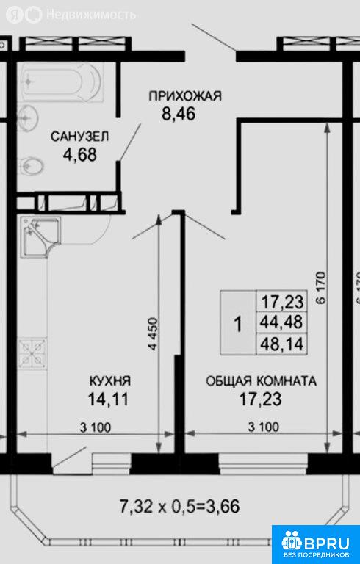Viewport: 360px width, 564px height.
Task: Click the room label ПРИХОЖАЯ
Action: [185, 96]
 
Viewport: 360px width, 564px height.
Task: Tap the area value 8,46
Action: [179, 114]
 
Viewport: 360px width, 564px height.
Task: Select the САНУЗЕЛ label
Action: [79, 137]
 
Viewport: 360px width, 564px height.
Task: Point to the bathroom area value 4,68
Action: [80, 155]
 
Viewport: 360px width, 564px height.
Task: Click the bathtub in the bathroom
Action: [61, 82]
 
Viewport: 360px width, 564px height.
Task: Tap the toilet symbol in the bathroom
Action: [31, 166]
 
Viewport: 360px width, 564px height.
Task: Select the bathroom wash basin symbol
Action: [28, 117]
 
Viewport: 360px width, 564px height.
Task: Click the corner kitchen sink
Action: [40, 236]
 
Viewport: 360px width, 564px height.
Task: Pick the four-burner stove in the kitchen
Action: [32, 352]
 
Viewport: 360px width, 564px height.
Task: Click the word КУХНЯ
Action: [109, 381]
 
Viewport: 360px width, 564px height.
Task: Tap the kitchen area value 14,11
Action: [108, 399]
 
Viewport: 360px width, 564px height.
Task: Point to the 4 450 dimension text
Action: [154, 334]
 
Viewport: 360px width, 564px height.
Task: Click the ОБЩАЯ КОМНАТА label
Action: [261, 381]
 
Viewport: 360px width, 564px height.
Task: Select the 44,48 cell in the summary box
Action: [282, 322]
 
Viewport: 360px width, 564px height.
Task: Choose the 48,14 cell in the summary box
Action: [282, 344]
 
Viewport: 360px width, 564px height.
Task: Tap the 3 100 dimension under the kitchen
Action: [96, 428]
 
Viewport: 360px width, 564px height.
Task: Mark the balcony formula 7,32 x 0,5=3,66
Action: [179, 507]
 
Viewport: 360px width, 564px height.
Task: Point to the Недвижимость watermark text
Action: [91, 15]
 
